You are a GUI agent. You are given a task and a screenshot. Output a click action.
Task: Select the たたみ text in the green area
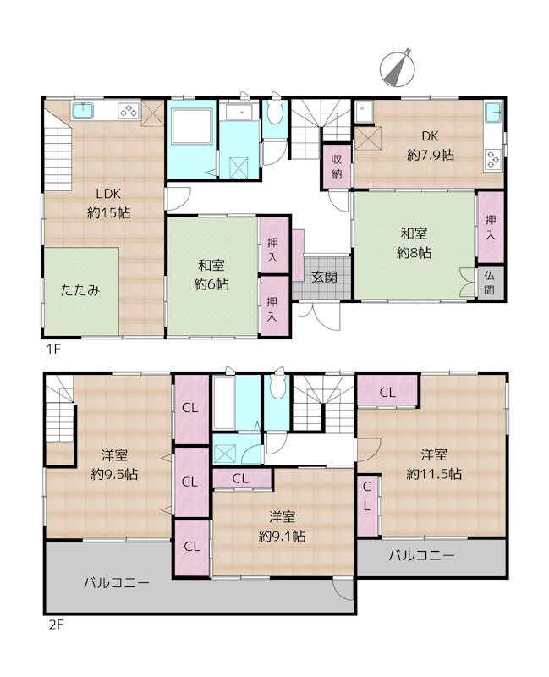coord(80,289)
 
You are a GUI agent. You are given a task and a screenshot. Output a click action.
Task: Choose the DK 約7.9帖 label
coord(431,146)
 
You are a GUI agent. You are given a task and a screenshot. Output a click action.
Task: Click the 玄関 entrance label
coord(323,277)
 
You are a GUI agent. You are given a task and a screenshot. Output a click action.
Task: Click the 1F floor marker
coord(52,347)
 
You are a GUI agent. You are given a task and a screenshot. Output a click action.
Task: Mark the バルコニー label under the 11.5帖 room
coord(422,556)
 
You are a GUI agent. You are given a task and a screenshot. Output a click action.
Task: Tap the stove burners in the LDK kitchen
coord(128,110)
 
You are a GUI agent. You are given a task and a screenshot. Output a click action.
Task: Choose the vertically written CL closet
coord(367,497)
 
